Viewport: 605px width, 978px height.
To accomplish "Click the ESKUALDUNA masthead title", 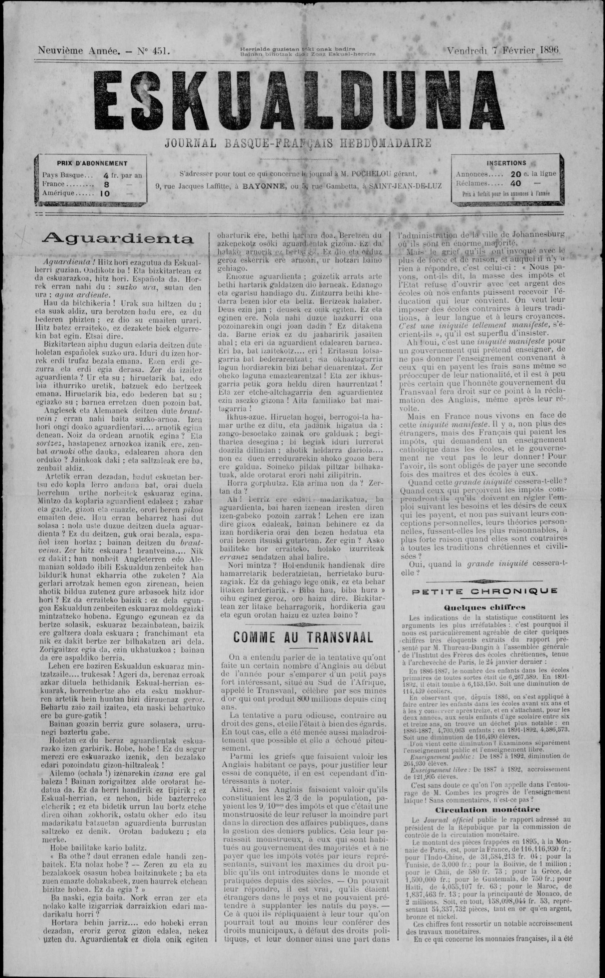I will (302, 101).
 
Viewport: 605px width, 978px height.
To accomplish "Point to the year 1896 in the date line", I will (549, 50).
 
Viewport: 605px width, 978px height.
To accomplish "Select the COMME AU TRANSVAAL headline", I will (303, 637).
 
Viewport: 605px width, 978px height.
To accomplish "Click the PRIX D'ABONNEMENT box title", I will (92, 163).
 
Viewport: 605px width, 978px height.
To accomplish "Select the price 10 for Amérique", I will (105, 193).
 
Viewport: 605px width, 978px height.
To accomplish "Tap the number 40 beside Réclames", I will (516, 184).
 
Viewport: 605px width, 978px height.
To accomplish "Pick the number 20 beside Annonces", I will (516, 174).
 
